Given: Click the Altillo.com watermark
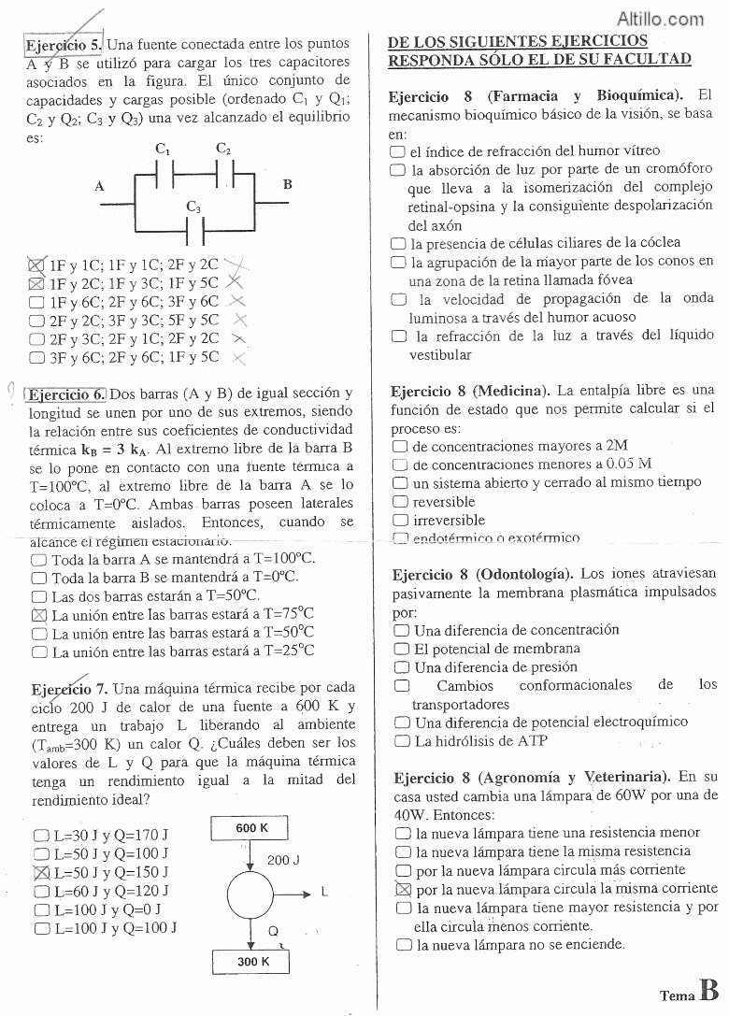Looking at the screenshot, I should coord(661,18).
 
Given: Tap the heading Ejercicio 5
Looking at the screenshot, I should coord(64,44).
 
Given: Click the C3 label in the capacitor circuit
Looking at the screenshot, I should coord(193,207).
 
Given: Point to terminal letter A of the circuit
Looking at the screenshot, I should coord(99,186).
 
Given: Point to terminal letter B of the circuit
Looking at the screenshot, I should coord(287,184).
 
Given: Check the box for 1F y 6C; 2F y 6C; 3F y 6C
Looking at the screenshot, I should coord(37,302).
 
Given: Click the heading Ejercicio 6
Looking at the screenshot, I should coord(66,394).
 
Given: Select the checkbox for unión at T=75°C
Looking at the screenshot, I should coord(39,615).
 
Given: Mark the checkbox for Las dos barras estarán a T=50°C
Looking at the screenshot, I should coord(39,596).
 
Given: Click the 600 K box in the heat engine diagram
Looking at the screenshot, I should coord(251,829).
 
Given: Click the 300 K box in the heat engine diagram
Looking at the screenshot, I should coord(252,961).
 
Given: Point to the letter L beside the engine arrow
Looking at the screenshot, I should coord(324,892).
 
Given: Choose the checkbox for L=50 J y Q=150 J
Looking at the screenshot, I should coord(41,872).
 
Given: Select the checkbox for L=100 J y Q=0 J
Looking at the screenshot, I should coord(41,909).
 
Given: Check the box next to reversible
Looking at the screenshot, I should coord(401,502).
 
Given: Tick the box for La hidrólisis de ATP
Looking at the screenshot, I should coord(402,741).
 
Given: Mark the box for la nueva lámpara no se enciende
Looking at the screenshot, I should coord(404,945).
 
